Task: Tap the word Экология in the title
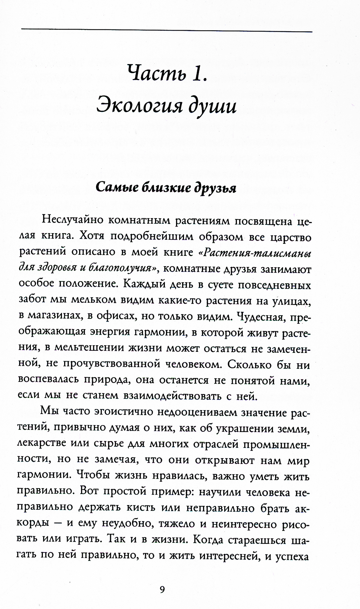(139, 106)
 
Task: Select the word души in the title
(214, 106)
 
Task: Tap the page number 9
(162, 589)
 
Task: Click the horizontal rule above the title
(166, 32)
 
